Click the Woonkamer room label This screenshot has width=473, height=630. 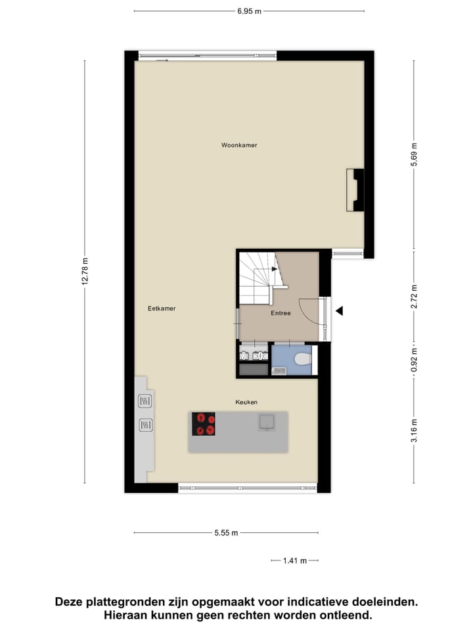(239, 145)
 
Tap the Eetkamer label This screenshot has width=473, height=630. (162, 308)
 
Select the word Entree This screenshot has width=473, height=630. (281, 314)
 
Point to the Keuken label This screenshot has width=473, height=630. (247, 402)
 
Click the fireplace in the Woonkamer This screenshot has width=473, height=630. (355, 190)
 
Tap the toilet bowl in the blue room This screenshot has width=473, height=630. (303, 359)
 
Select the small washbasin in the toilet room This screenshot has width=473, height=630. (279, 371)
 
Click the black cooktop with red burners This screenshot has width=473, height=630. (203, 424)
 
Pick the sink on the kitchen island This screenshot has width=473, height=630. (267, 421)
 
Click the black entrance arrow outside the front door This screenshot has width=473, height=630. (339, 312)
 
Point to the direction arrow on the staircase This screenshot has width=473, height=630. (274, 268)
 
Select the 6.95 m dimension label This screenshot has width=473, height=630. (249, 11)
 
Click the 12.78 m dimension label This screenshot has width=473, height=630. (85, 270)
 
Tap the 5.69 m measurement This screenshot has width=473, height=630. (414, 155)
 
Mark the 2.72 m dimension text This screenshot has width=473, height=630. (414, 296)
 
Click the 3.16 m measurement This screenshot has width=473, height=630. (414, 430)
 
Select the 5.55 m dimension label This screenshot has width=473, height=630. (226, 533)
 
